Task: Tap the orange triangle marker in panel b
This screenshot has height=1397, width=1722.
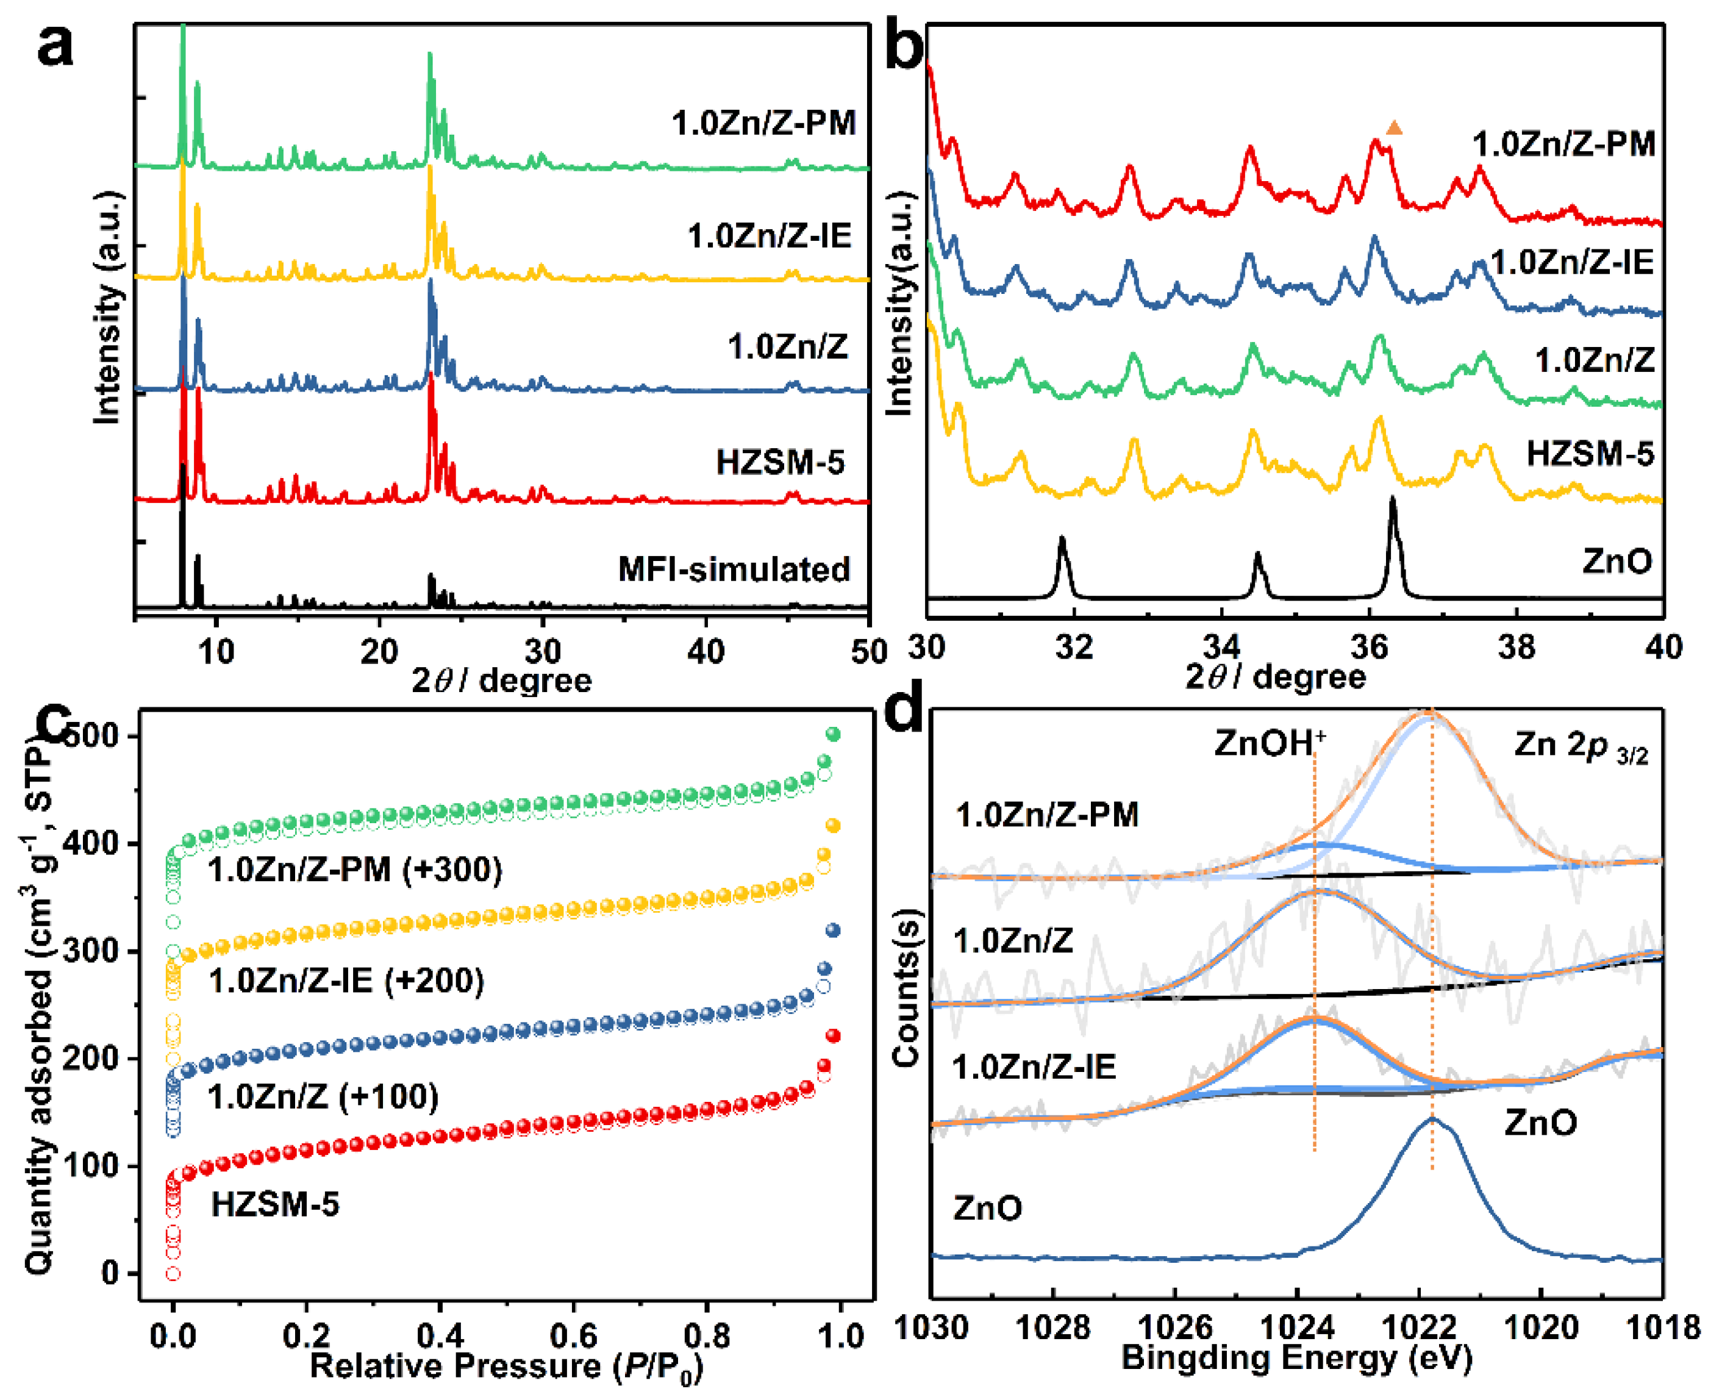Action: tap(1395, 128)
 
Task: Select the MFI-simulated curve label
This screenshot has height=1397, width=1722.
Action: tap(734, 569)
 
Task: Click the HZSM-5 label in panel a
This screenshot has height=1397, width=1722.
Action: tap(780, 463)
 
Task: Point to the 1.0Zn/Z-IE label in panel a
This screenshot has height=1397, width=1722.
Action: tap(770, 236)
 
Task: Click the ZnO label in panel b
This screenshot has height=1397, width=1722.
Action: tap(1617, 561)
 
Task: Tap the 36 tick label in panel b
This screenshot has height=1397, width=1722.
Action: tap(1369, 647)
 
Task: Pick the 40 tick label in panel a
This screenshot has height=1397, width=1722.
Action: tap(706, 652)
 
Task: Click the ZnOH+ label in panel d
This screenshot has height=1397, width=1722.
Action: tap(1269, 743)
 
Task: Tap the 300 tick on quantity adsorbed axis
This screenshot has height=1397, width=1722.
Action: tap(96, 951)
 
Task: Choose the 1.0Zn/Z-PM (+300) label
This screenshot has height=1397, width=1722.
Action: tap(355, 870)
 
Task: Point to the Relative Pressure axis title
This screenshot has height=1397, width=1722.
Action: tap(506, 1367)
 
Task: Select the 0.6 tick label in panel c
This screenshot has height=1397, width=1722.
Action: tap(573, 1337)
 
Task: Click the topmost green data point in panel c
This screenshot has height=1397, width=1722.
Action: tap(834, 734)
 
